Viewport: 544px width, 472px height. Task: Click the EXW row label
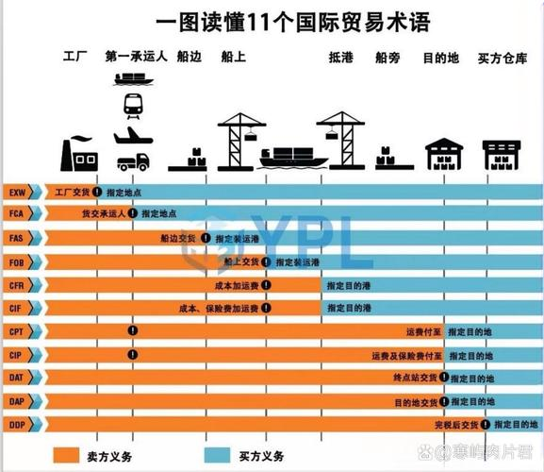pos(17,192)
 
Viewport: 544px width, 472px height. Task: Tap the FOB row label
pos(17,261)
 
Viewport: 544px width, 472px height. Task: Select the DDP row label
pos(17,425)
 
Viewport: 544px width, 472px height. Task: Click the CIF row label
pos(17,308)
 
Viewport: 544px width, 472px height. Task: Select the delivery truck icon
pos(134,161)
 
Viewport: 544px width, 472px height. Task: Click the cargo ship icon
pos(294,156)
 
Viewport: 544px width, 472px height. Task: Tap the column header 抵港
pos(340,58)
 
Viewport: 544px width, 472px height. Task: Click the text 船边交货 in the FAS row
pos(178,238)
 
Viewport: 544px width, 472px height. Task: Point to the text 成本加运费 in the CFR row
pos(237,284)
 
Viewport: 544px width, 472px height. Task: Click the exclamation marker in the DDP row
pos(487,425)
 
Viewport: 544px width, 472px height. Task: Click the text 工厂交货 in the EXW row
pos(62,192)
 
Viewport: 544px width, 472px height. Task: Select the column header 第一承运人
pos(137,58)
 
